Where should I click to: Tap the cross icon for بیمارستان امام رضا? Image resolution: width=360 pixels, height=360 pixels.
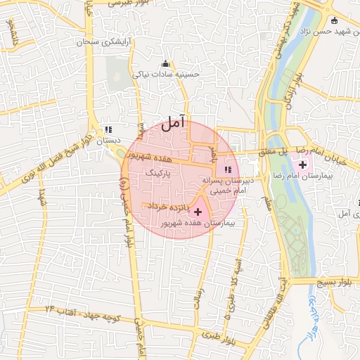(x=303, y=164)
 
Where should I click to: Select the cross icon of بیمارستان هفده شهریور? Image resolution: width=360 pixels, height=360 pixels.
(x=198, y=211)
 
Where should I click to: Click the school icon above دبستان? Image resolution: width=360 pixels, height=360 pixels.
(x=108, y=129)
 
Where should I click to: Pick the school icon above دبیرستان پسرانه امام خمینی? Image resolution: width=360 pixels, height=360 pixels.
(x=227, y=169)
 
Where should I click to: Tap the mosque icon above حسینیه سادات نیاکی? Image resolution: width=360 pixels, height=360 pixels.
(x=165, y=63)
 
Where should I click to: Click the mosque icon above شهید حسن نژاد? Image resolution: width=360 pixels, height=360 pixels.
(x=335, y=21)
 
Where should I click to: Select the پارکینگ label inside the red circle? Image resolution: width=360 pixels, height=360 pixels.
(x=158, y=172)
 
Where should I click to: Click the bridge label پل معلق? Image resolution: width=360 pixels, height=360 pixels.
(x=274, y=151)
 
